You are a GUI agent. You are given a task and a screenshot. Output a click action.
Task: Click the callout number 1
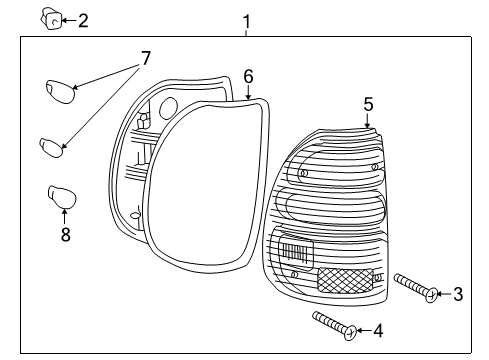point(247,21)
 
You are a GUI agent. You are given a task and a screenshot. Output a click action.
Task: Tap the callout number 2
point(83,19)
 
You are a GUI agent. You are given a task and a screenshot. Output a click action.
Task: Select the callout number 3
point(458,294)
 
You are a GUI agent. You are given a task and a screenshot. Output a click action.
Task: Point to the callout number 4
point(377,330)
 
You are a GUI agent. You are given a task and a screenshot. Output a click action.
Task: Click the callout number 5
point(368,104)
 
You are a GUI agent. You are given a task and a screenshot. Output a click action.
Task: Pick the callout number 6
point(248,76)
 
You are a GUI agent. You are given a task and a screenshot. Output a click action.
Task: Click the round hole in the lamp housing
point(169,107)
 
